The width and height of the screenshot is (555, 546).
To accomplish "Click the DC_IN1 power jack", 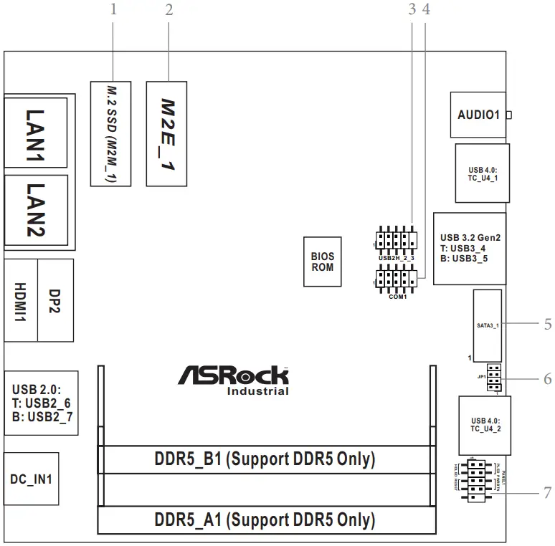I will (x=30, y=479).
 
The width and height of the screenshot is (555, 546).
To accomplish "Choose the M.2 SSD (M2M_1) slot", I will (x=111, y=133).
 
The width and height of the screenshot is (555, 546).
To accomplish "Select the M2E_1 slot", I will (x=167, y=133).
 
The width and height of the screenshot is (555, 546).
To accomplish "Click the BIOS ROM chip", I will (x=322, y=262).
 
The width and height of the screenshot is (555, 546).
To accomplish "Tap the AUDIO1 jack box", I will (x=478, y=115).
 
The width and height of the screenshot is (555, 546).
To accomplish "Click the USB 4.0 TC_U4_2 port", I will (x=481, y=425).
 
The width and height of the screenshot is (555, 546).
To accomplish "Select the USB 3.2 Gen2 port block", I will (x=469, y=249).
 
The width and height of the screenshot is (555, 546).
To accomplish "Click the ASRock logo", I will (x=233, y=376).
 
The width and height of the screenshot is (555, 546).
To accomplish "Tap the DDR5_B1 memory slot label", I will (x=265, y=459).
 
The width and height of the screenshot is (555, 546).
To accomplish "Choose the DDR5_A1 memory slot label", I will (x=265, y=519).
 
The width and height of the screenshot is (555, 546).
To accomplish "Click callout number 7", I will (x=547, y=493).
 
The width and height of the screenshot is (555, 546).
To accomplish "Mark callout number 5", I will (x=547, y=323).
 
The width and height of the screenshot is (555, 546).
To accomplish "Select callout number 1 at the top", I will (x=113, y=9).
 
